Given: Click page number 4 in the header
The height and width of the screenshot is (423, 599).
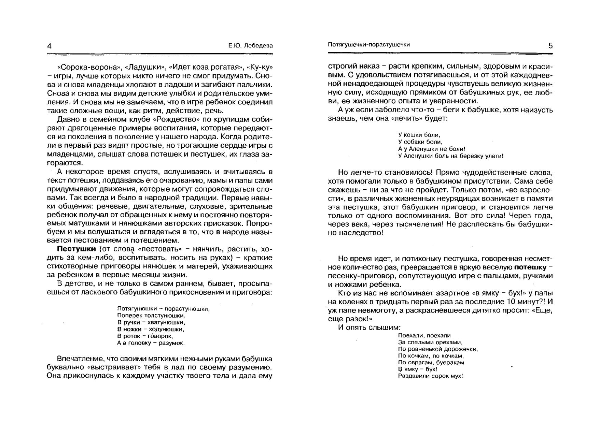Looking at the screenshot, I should tap(49, 46).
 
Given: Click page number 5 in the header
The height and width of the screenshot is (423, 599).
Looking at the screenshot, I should tap(550, 46).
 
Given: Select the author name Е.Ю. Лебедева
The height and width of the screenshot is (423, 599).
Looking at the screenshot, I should tap(251, 45).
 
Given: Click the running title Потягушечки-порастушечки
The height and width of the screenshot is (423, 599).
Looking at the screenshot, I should tap(368, 45).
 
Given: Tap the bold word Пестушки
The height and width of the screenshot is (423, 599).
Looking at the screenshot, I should tap(76, 249).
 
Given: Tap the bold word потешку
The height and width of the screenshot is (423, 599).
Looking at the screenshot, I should tap(530, 267).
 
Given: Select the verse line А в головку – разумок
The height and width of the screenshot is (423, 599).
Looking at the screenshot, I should tap(151, 343).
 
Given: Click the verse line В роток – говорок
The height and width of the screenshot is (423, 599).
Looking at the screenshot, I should tap(145, 336).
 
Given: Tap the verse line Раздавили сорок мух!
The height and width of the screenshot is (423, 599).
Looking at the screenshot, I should tap(430, 376).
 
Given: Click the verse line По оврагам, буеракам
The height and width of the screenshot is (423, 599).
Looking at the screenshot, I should tap(431, 362).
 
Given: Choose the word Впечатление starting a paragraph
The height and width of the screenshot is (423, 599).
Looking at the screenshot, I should tap(76, 359).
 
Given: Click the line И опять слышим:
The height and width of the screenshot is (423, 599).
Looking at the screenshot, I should tap(369, 327).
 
